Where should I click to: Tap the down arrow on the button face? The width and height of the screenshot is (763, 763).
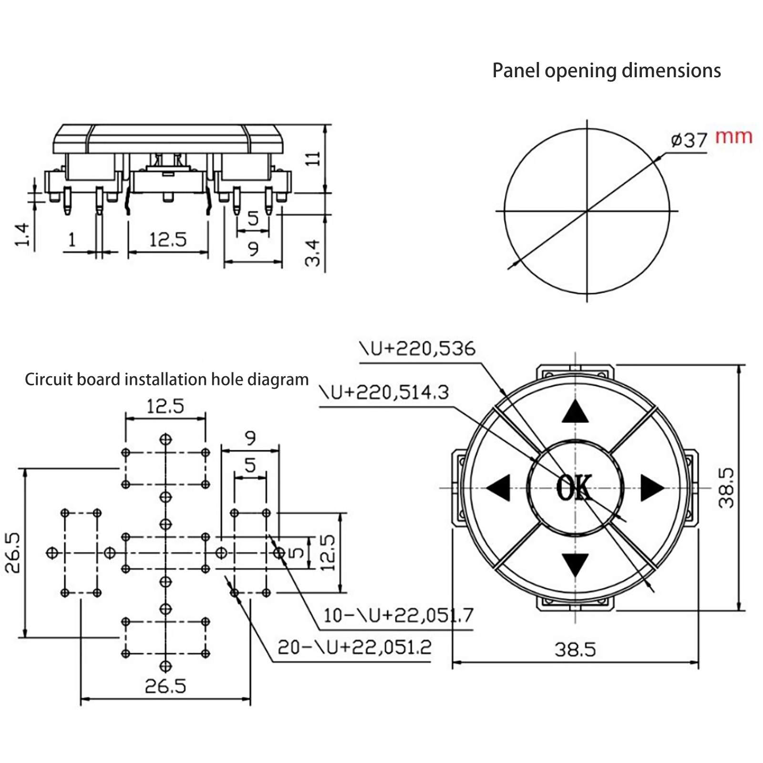[576, 564]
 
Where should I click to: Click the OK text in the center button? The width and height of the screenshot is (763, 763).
[575, 487]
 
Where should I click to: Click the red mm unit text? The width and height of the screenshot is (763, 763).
[733, 137]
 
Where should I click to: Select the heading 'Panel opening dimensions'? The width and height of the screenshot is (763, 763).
[606, 71]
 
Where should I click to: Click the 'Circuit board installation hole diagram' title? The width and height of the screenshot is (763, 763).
[166, 380]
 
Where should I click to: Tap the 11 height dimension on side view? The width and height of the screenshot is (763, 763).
[313, 159]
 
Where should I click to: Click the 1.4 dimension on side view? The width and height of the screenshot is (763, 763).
[22, 235]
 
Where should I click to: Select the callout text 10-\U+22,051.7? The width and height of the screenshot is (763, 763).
[398, 615]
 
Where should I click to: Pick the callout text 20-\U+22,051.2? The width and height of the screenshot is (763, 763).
[354, 647]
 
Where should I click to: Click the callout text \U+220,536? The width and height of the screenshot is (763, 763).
[417, 349]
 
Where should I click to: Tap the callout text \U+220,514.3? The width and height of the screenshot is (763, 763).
[384, 392]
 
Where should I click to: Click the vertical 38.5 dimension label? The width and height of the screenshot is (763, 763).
[726, 487]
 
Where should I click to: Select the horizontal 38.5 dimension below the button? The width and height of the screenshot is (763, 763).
[575, 650]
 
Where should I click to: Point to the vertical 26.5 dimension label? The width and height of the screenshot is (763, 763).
[13, 552]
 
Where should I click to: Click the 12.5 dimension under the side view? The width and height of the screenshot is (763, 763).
[168, 239]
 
